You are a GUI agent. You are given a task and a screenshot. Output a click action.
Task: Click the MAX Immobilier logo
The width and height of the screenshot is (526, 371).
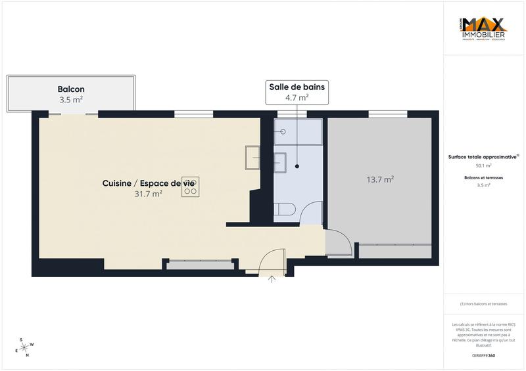pos(483,30)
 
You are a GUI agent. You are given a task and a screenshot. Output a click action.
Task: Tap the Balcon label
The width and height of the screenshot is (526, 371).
pos(71,89)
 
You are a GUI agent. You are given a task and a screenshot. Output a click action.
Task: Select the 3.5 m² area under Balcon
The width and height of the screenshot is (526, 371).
pos(71,100)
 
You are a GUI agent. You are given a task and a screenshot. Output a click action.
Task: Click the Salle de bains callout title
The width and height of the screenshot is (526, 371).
pos(297,87)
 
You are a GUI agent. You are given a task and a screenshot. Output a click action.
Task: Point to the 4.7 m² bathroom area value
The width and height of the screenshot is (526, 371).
pos(297,97)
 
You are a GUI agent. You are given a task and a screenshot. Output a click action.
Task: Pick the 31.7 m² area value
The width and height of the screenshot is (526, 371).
pos(148,194)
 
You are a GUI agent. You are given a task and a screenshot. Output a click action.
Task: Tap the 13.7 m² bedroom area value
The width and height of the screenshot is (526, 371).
pos(380,179)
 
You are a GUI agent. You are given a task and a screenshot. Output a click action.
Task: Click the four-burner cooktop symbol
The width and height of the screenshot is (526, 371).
pos(190,186)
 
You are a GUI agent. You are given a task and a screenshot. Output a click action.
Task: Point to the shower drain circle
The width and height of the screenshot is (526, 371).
pos(283,131)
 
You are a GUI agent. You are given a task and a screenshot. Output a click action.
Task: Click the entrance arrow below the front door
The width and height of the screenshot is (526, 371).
pos(272,280)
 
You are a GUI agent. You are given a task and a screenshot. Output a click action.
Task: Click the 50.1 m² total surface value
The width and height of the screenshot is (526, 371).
pos(483,165)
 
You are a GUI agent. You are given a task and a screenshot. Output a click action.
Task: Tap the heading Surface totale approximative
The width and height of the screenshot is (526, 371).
pos(483,157)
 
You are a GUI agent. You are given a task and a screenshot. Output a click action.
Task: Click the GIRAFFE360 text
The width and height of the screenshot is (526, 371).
pos(483,355)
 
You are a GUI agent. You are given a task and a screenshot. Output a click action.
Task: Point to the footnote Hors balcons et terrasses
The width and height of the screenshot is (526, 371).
pos(483,304)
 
